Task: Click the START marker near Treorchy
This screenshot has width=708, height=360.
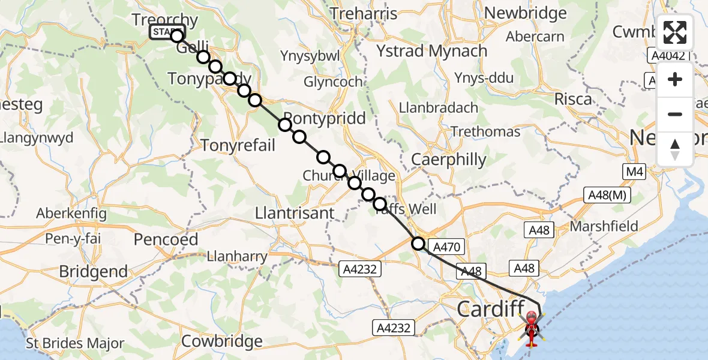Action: tap(166, 32)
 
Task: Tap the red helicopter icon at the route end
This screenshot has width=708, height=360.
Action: tap(532, 328)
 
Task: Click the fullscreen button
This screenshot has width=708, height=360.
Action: tap(675, 32)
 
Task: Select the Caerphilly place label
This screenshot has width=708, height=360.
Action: tap(449, 159)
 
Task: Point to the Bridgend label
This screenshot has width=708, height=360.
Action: tap(94, 271)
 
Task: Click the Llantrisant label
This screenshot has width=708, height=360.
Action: tap(295, 213)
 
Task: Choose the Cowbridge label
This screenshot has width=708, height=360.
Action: tap(222, 341)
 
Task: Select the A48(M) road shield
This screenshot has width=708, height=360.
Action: tap(606, 194)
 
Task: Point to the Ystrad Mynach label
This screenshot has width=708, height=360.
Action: tap(431, 51)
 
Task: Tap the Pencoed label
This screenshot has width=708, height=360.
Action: tap(166, 239)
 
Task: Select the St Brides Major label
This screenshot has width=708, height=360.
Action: tap(75, 344)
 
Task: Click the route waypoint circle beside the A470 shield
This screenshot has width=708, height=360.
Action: tap(418, 244)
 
